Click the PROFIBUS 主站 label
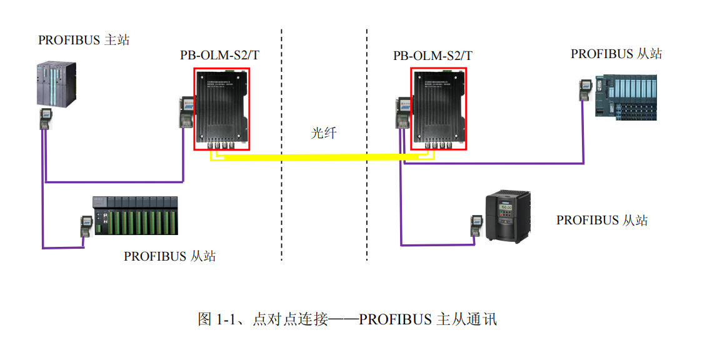[84, 40]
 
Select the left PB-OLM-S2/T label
[220, 55]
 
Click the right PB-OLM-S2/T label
[433, 56]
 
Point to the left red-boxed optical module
[222, 109]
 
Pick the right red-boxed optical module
[438, 109]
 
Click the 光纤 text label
[324, 132]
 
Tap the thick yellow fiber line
[313, 156]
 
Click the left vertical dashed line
[281, 144]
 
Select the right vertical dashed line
[367, 144]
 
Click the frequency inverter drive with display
[508, 216]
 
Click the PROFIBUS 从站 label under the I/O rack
[170, 256]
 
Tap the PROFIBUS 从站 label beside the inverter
[602, 221]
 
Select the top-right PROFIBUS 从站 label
[616, 54]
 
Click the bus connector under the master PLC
[44, 118]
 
